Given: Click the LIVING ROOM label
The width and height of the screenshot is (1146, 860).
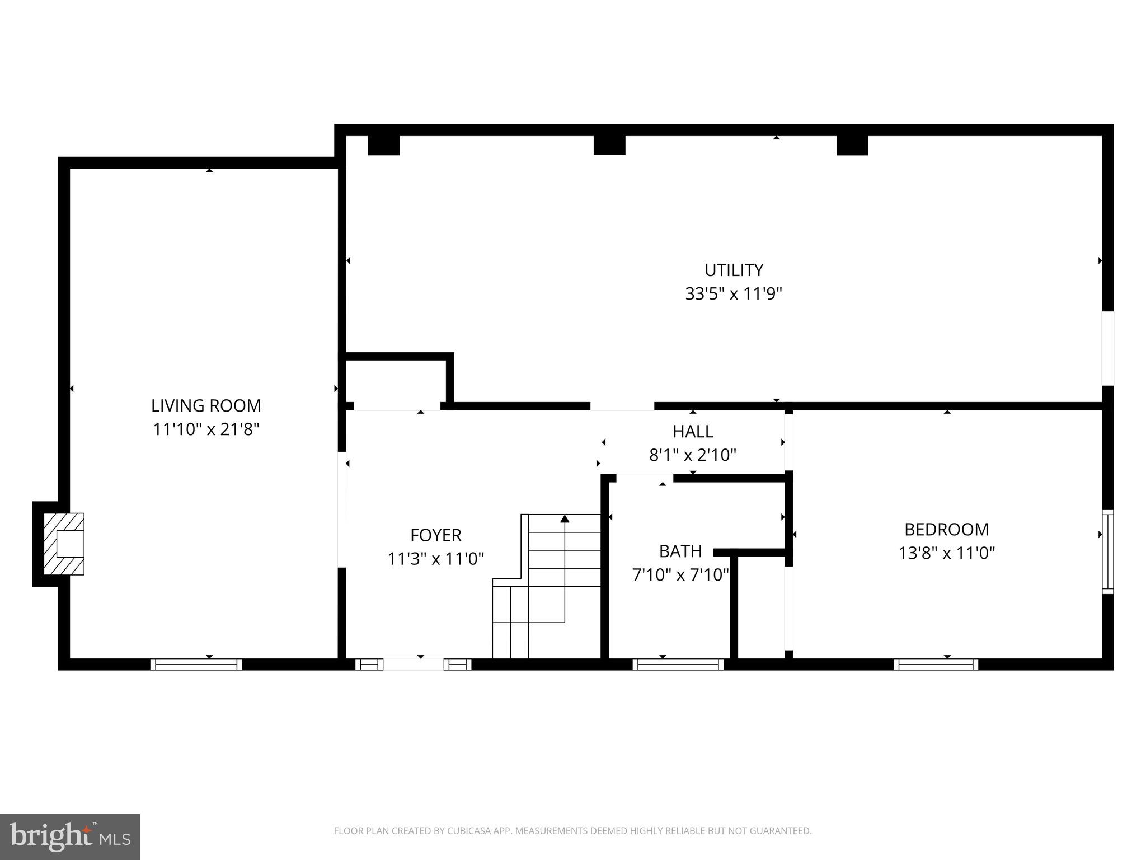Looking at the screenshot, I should (206, 405).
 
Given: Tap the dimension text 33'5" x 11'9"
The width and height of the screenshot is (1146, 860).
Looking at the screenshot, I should (733, 294).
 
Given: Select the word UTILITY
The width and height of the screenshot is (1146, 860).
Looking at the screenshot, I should (733, 270).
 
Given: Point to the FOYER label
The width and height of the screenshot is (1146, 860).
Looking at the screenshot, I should (435, 535).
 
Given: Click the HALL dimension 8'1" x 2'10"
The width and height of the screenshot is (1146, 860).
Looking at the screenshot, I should (692, 455).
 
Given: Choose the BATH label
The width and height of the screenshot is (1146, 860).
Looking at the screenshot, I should (680, 551).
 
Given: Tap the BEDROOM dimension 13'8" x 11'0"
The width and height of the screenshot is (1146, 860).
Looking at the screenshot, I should (946, 553).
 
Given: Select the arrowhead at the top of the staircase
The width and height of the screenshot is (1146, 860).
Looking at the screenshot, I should (565, 519).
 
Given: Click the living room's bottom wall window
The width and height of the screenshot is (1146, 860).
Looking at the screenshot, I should (196, 664).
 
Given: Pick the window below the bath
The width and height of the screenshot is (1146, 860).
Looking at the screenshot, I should (678, 664).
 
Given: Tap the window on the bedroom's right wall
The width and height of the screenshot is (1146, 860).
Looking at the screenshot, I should (1107, 551).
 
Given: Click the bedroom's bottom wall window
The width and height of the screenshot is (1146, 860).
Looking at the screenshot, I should (936, 664).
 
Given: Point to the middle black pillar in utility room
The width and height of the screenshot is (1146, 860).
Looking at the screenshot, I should (609, 145).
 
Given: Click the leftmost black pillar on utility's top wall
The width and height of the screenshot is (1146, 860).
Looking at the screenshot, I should (383, 145).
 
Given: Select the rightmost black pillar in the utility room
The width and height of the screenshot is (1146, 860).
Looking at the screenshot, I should (852, 145).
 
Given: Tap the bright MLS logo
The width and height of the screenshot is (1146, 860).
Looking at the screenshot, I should (69, 836).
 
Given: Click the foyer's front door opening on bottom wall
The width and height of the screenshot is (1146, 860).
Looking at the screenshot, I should (414, 664).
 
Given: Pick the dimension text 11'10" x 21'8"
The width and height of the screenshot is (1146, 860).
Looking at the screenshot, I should (206, 429).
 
